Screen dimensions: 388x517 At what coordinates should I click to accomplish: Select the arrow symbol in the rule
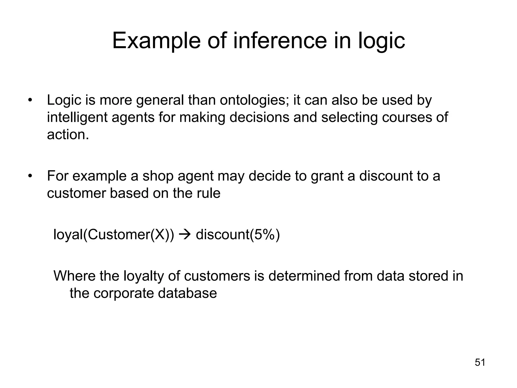tap(185, 235)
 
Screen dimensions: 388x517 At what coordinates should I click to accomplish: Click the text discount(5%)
tap(238, 235)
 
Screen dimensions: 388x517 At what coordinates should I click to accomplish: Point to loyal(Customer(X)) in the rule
tap(114, 235)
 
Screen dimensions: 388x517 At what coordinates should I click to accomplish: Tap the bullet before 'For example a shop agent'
tap(30, 176)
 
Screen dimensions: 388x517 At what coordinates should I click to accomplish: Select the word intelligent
tap(77, 117)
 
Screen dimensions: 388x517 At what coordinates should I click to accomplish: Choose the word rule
tap(209, 193)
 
